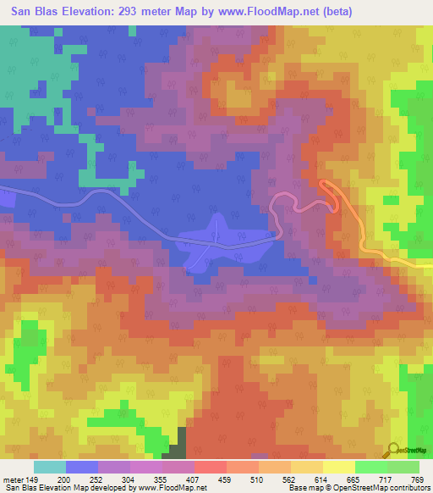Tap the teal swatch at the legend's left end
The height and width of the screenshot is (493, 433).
(50, 468)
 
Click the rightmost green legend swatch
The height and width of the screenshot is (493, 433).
(403, 468)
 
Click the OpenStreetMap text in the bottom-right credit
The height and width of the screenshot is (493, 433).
(392, 487)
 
